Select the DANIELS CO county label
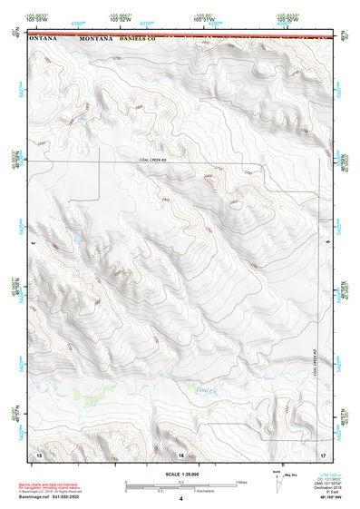pyautogui.click(x=139, y=39)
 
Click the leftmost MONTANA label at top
pyautogui.click(x=43, y=39)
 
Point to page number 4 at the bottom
pyautogui.click(x=181, y=499)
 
